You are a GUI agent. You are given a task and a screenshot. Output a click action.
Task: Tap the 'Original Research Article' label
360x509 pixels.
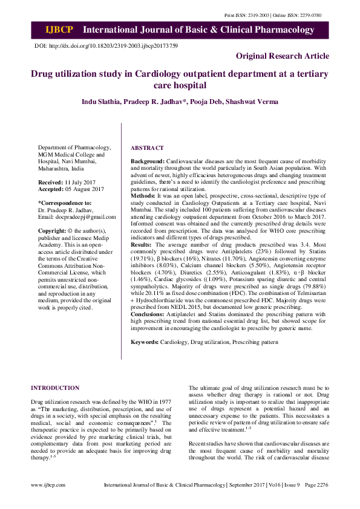click(x=283, y=56)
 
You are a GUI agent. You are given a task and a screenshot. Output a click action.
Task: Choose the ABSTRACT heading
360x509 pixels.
click(x=147, y=148)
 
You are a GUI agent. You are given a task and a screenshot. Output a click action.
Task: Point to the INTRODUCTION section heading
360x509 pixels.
click(x=55, y=387)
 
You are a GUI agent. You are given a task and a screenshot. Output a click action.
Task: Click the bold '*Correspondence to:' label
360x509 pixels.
click(x=65, y=203)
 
